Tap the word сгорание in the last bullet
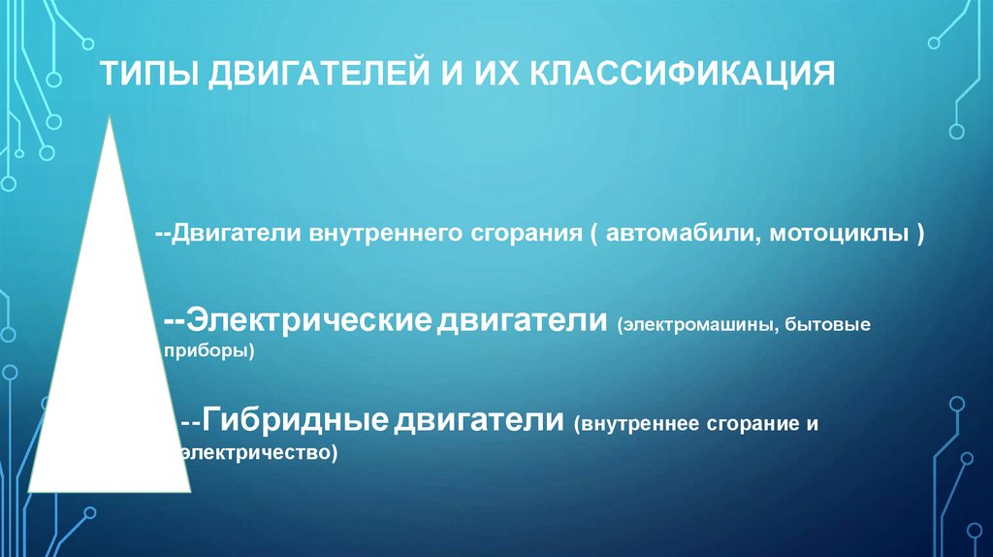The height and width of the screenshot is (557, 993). [x=745, y=425]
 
